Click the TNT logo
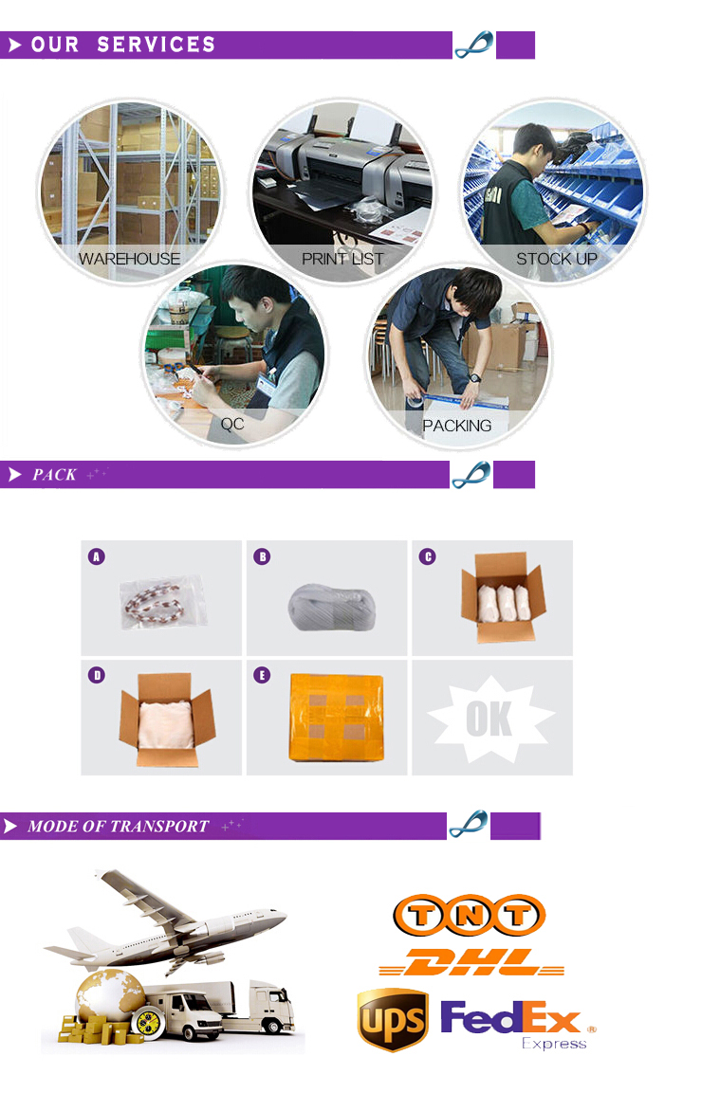(x=470, y=915)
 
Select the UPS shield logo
(x=393, y=1020)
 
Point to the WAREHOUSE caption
(x=129, y=259)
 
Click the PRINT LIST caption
(x=342, y=259)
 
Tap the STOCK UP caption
(x=557, y=259)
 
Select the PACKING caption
(x=457, y=425)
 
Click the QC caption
(x=232, y=424)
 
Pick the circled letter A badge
(x=97, y=556)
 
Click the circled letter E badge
(x=262, y=675)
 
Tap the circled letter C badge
(x=427, y=556)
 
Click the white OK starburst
(x=490, y=719)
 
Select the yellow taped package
(x=336, y=717)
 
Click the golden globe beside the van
(x=111, y=997)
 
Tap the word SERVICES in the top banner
(x=157, y=45)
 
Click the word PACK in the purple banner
(x=54, y=475)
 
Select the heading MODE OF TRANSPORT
(x=119, y=827)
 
